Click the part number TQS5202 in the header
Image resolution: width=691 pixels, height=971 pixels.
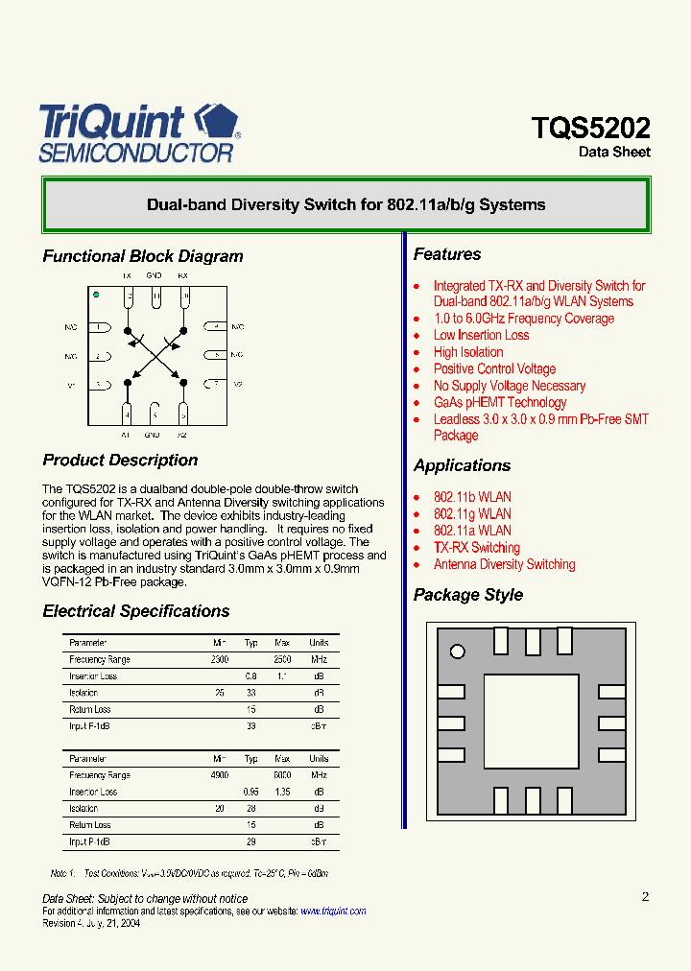click(x=590, y=129)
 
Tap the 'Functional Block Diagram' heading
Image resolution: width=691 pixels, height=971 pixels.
click(x=143, y=256)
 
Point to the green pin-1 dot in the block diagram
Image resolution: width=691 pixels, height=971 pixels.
click(x=96, y=296)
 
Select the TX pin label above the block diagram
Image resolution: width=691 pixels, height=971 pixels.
click(x=126, y=275)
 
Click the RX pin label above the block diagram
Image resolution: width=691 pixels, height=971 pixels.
click(x=182, y=275)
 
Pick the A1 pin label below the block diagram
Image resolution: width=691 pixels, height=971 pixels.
click(x=126, y=435)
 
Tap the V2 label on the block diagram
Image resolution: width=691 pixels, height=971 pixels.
click(x=238, y=384)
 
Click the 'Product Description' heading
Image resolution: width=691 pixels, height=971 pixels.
click(x=120, y=461)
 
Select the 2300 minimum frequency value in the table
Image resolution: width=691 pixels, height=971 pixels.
click(x=219, y=660)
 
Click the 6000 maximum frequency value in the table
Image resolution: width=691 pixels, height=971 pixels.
click(x=281, y=775)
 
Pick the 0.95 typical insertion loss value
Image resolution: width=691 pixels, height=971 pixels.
click(x=250, y=792)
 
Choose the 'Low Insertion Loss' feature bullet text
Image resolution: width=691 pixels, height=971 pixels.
click(x=481, y=335)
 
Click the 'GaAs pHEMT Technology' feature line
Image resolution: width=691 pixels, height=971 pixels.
click(x=499, y=402)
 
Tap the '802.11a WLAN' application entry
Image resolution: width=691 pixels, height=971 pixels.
click(x=471, y=531)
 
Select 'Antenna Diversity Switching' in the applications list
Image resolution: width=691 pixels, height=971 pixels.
click(x=504, y=564)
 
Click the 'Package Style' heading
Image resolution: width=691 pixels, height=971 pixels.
click(x=468, y=595)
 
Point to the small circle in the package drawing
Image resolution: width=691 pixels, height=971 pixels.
click(x=458, y=652)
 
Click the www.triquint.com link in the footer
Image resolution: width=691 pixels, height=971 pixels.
click(x=333, y=912)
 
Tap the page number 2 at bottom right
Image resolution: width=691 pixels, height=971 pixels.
click(x=645, y=896)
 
